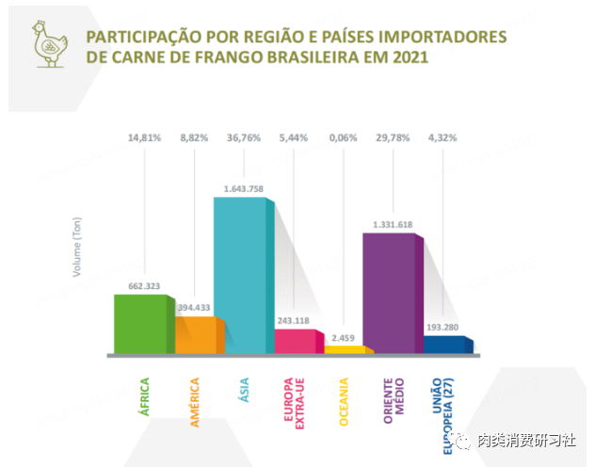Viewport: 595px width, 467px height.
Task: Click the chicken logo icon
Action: (x=45, y=44)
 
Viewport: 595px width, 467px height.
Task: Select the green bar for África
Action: (x=139, y=324)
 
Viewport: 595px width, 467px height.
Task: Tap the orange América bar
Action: (x=196, y=334)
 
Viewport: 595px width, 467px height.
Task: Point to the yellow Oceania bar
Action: (x=344, y=349)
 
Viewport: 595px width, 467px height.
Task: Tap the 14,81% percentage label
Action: (x=146, y=138)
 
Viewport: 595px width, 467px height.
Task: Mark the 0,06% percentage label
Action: (x=344, y=138)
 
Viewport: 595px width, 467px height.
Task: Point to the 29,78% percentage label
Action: (x=393, y=138)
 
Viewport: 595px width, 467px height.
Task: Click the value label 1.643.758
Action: (x=244, y=188)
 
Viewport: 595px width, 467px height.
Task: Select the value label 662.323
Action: (x=146, y=283)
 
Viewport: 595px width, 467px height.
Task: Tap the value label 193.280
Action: (x=442, y=327)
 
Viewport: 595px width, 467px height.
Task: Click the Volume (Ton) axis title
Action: (x=78, y=248)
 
